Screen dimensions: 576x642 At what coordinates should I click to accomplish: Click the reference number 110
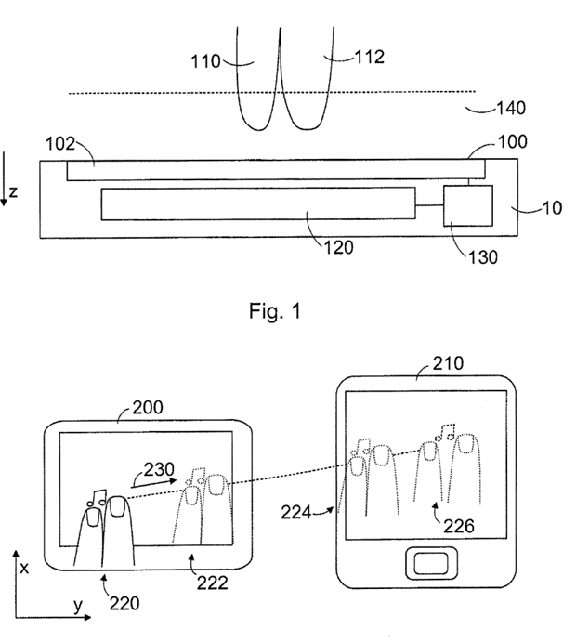206,62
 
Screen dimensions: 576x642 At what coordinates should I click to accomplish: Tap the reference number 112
369,57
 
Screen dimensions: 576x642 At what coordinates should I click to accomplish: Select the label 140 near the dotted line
511,108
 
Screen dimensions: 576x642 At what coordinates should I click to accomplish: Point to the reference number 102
60,144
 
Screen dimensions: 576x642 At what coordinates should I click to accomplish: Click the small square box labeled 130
468,205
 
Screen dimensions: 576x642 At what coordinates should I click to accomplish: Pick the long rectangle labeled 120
258,203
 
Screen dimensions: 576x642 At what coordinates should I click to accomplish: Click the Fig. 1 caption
275,310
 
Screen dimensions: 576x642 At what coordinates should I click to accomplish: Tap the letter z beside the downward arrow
13,191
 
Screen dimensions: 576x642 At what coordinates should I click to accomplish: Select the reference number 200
148,407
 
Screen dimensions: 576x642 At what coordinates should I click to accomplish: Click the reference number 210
449,363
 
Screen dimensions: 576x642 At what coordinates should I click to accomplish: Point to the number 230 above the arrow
159,469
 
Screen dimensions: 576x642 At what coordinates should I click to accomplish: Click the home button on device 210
431,563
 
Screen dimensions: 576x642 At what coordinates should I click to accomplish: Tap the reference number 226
459,526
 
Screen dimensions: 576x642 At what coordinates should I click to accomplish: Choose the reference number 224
296,512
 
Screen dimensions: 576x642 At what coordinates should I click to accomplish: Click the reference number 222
212,583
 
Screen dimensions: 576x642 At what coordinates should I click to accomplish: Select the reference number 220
124,603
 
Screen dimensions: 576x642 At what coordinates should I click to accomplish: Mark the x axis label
24,569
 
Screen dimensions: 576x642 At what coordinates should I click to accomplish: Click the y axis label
78,605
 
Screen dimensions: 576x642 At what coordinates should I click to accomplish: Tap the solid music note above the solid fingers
97,497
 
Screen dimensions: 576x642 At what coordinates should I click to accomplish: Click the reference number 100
513,141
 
